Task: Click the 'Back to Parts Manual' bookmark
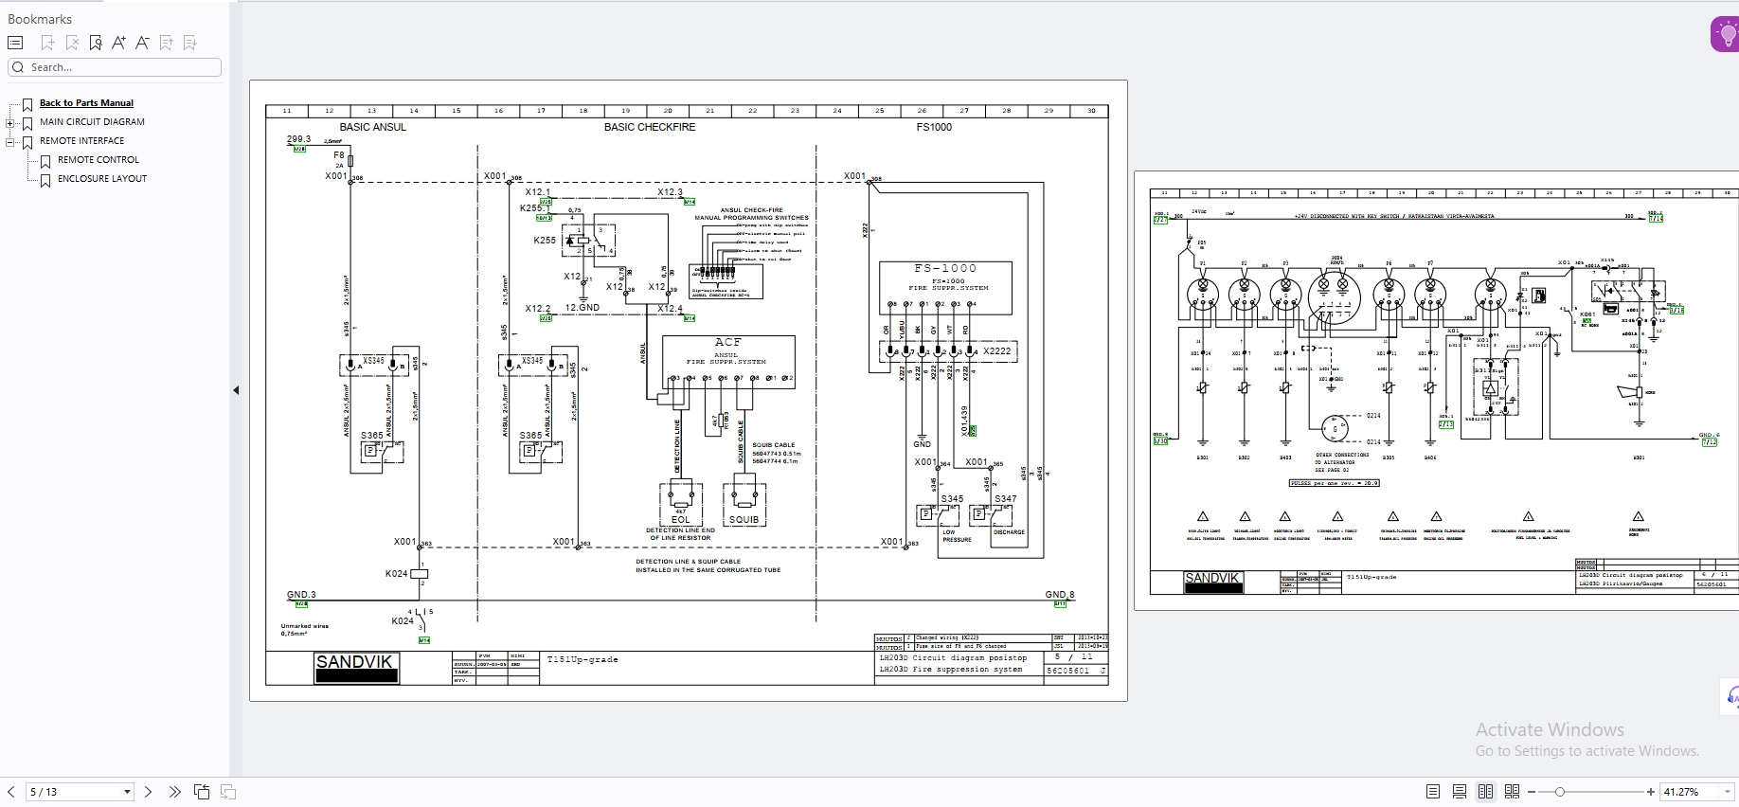[86, 103]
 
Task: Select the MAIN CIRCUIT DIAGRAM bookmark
[92, 122]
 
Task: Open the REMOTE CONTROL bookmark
[98, 160]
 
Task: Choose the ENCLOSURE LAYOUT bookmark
[102, 179]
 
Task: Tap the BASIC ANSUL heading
[372, 127]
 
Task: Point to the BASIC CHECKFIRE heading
[649, 127]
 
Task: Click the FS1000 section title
[934, 127]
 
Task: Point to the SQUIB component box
[744, 504]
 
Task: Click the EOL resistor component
[681, 504]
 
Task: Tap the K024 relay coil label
[396, 574]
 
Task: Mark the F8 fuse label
[339, 155]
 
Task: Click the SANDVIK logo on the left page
[355, 667]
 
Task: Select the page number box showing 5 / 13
[80, 792]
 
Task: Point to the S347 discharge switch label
[1005, 499]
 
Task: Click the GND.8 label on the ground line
[1059, 595]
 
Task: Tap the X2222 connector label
[996, 351]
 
